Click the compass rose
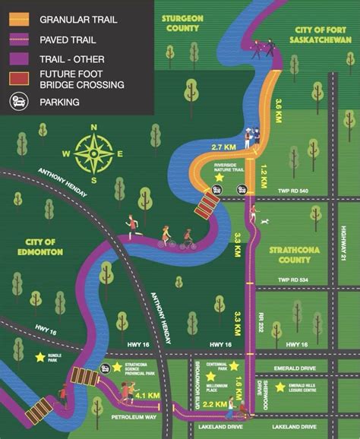coord(94,153)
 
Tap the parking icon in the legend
coord(17,101)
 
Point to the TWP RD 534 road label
coord(295,280)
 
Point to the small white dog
coord(264,222)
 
